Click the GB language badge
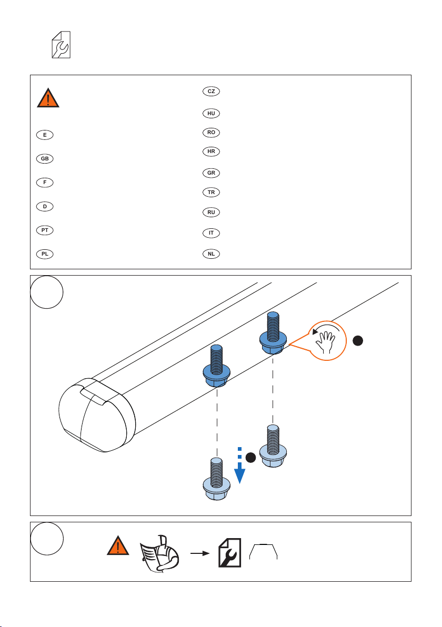pyautogui.click(x=45, y=159)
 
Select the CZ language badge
pyautogui.click(x=211, y=91)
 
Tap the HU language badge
pyautogui.click(x=211, y=114)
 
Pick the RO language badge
pyautogui.click(x=211, y=133)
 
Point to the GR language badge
pyautogui.click(x=211, y=173)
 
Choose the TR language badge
pyautogui.click(x=211, y=193)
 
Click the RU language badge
pyautogui.click(x=211, y=213)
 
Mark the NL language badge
pyautogui.click(x=211, y=254)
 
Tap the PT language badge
pyautogui.click(x=45, y=230)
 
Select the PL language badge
pyautogui.click(x=45, y=254)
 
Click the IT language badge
pyautogui.click(x=211, y=233)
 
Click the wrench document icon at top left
pyautogui.click(x=61, y=45)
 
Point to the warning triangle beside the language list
pyautogui.click(x=48, y=98)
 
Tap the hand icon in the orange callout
pyautogui.click(x=325, y=342)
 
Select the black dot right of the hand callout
pyautogui.click(x=358, y=341)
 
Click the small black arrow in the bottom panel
pyautogui.click(x=200, y=553)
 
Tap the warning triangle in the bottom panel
pyautogui.click(x=118, y=546)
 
